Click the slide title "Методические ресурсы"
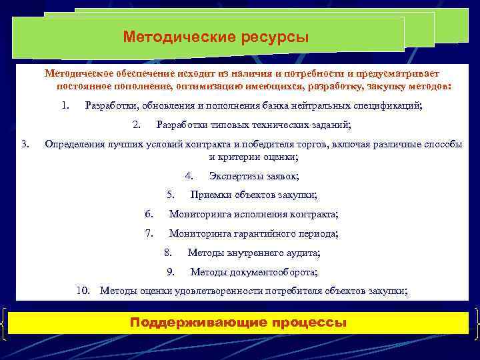coord(215,37)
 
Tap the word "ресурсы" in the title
coord(274,37)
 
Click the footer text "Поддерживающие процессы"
coord(239,323)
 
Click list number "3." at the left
coord(25,143)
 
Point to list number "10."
coord(83,291)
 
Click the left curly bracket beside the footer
coord(5,323)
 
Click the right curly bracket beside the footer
coord(475,323)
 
